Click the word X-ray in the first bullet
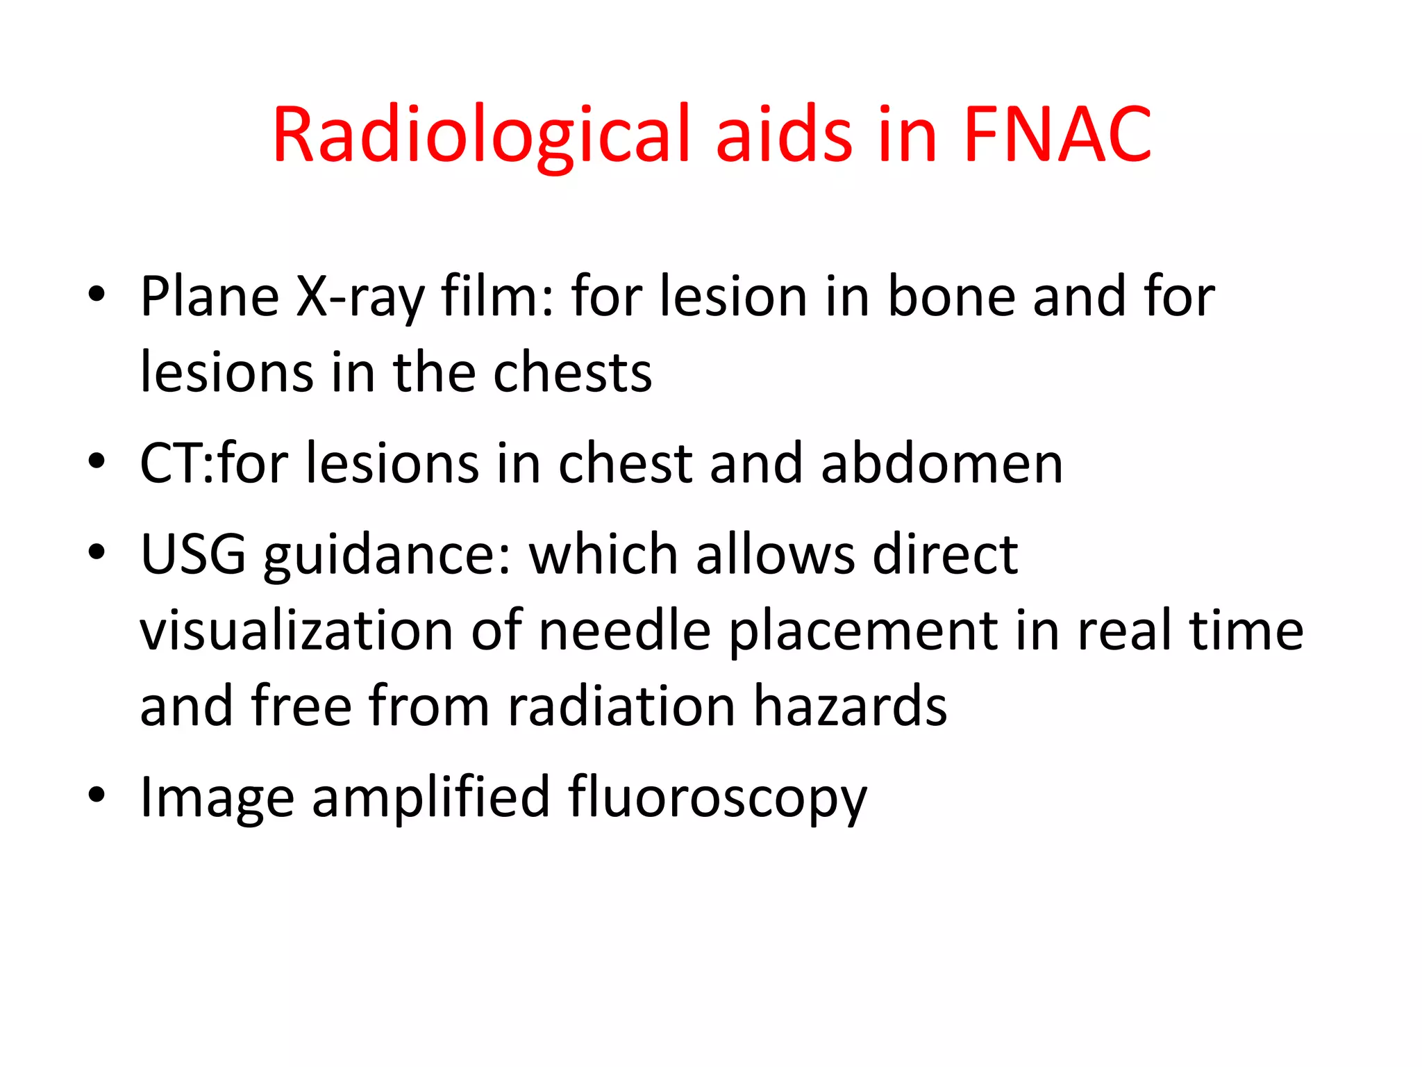click(360, 297)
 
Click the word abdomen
click(942, 463)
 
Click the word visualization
click(297, 630)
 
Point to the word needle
click(625, 630)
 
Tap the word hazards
click(851, 706)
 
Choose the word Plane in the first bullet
click(210, 297)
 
